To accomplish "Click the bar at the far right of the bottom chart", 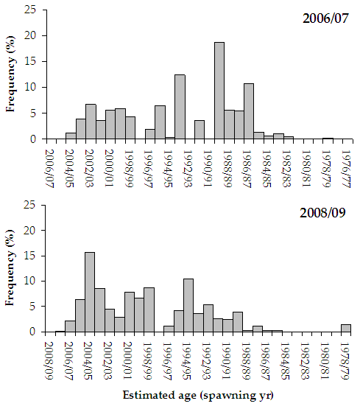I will (x=346, y=328).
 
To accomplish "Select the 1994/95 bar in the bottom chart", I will (x=188, y=305).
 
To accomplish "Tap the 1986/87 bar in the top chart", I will (x=249, y=111).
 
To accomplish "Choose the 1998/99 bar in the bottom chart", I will (x=149, y=310).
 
